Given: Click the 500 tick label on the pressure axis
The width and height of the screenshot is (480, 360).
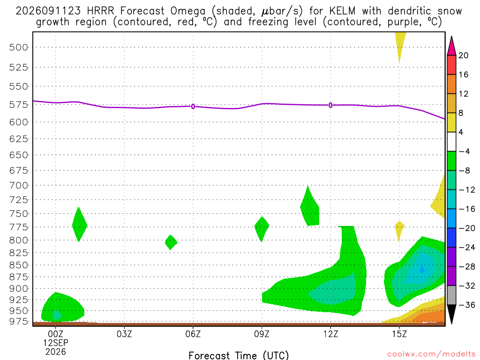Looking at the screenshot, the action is click(18, 47).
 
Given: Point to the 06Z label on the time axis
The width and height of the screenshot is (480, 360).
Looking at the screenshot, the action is click(193, 334).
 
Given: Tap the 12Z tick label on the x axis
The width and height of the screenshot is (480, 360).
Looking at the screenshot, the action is click(330, 334).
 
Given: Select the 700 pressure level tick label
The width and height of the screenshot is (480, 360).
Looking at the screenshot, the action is click(18, 186).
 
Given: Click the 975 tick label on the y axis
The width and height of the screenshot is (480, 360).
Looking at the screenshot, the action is click(18, 322).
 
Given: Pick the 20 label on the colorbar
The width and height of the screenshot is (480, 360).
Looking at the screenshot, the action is click(463, 55).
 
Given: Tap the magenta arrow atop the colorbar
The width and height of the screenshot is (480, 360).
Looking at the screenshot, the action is click(451, 46).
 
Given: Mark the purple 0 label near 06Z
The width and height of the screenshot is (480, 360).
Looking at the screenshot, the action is click(193, 106).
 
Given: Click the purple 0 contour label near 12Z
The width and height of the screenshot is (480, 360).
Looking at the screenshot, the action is click(330, 105).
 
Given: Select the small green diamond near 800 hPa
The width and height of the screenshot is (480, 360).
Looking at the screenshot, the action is click(171, 242).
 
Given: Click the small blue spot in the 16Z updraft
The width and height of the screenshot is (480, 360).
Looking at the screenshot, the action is click(422, 270).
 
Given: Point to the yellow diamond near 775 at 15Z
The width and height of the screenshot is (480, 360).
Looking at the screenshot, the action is click(399, 230).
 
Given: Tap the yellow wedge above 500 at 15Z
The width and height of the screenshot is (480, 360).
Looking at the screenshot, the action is click(400, 45).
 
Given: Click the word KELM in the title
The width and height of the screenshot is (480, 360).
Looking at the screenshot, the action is click(342, 11).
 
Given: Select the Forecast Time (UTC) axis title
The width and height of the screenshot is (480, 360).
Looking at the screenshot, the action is click(239, 355).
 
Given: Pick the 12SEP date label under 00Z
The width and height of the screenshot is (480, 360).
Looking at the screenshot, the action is click(56, 343).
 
